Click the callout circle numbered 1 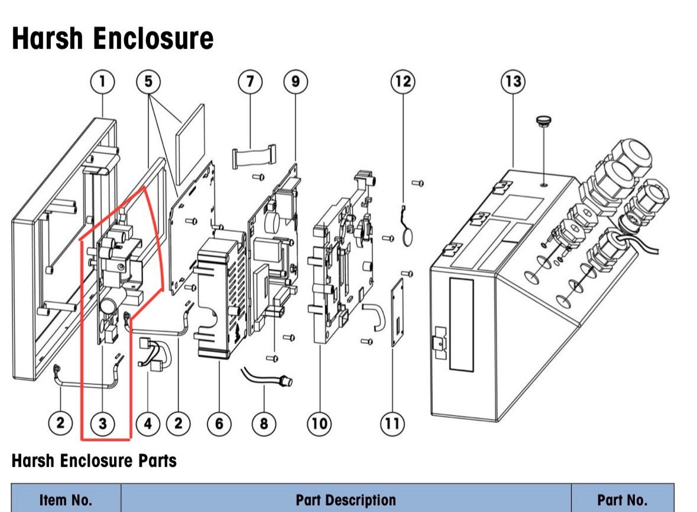point(103,81)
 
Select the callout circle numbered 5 point(148,81)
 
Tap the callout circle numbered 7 point(250,81)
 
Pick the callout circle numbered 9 point(296,81)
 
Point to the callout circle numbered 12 point(403,81)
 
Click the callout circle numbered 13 point(513,81)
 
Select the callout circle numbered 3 point(103,423)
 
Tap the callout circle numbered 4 point(148,423)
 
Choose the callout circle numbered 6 point(219,423)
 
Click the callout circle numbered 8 point(264,423)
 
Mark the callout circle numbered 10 point(320,423)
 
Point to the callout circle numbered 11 point(393,423)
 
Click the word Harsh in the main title point(47,38)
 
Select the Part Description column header point(346,500)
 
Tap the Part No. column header point(623,500)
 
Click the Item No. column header point(66,500)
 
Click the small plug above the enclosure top point(544,121)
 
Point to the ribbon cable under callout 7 point(254,156)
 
